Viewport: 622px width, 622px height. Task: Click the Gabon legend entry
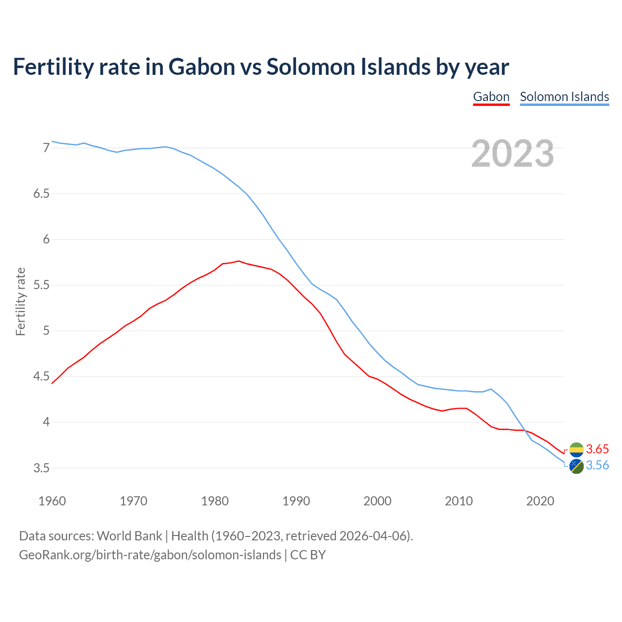point(491,97)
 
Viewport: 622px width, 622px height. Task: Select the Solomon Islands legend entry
point(564,97)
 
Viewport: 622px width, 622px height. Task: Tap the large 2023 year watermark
point(513,154)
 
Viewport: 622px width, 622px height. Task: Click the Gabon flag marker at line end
point(576,449)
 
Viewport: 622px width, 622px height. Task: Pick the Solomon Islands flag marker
point(576,466)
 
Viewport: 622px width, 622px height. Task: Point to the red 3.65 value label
point(597,449)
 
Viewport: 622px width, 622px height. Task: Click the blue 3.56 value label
point(597,466)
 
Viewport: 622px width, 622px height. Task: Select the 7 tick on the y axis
point(46,148)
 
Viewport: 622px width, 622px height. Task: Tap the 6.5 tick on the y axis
point(41,194)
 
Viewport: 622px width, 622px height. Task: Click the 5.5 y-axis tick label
point(41,285)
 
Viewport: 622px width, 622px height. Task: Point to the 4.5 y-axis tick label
point(41,377)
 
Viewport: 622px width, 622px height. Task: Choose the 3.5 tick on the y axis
point(41,468)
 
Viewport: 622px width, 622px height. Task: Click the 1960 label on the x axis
point(52,501)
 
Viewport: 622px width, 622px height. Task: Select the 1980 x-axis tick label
point(215,501)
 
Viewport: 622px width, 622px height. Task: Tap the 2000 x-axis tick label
point(378,501)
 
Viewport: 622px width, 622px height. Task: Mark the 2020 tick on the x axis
point(540,501)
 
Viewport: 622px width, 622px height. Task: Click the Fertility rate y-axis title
point(20,301)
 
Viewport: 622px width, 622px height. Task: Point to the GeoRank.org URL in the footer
point(150,555)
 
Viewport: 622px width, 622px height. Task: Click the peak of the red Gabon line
point(239,261)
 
